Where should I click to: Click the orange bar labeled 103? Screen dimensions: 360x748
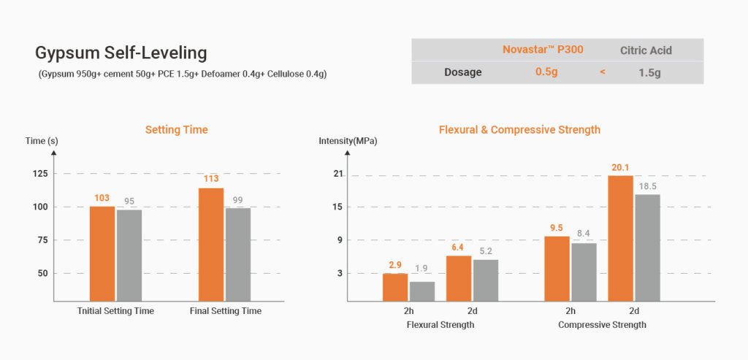(x=102, y=253)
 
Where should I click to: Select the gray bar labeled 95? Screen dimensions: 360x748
(x=129, y=255)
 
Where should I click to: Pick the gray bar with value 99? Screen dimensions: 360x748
(x=238, y=254)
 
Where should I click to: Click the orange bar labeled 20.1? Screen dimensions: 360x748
(x=620, y=238)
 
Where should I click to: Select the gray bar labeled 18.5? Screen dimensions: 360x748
(x=647, y=248)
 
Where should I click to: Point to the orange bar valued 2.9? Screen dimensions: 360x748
(x=395, y=287)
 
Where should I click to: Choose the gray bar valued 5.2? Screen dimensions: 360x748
(x=485, y=280)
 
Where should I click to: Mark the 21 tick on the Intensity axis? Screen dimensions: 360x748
(x=338, y=174)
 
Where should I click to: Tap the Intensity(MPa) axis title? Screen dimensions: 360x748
(x=348, y=141)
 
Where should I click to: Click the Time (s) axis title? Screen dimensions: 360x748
(x=42, y=141)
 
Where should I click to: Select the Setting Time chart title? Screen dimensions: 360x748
(x=176, y=130)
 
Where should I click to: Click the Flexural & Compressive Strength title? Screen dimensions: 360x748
(x=519, y=130)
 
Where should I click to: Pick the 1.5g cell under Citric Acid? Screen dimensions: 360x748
(x=646, y=72)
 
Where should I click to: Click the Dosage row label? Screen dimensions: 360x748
(x=462, y=72)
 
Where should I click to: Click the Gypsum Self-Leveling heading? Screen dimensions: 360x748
(x=121, y=53)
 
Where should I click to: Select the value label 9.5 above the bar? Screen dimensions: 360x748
(x=557, y=228)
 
